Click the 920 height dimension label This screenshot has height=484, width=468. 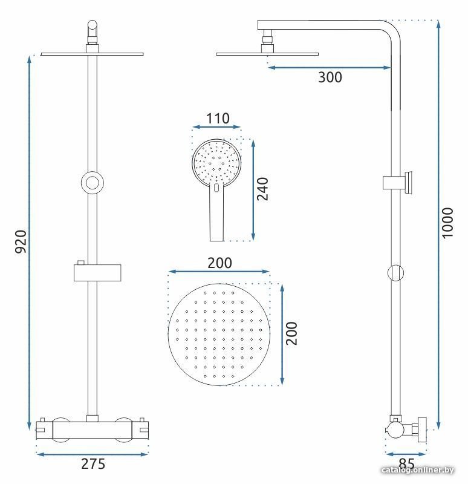21,241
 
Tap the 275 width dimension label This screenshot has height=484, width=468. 93,464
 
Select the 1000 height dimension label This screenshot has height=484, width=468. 447,223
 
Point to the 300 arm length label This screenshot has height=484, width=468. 330,77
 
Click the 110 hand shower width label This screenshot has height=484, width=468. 218,118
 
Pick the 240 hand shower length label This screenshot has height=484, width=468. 262,189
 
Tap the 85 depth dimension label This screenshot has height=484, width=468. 406,463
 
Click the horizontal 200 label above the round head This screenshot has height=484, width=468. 219,263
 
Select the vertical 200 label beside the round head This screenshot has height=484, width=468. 291,333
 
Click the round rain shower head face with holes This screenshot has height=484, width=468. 219,335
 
